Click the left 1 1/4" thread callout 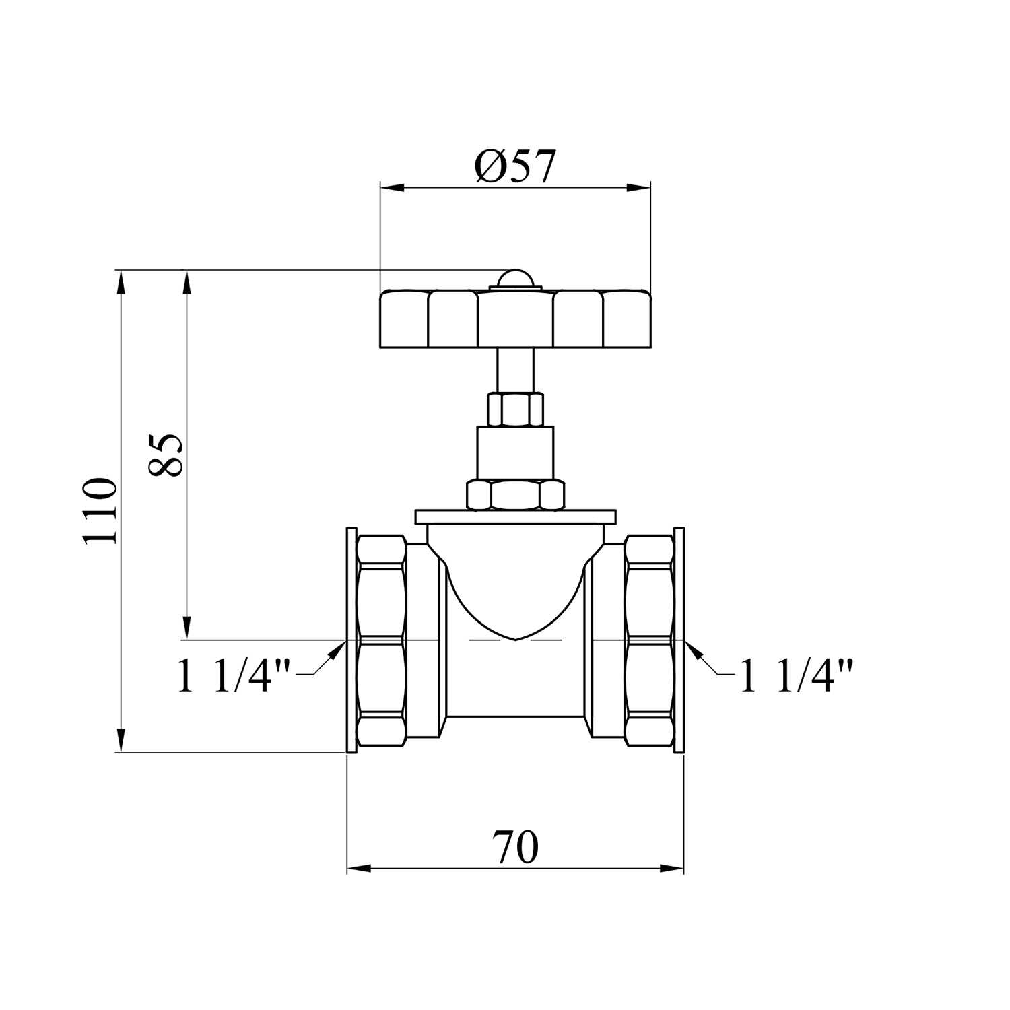click(234, 675)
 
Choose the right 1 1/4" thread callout click(796, 675)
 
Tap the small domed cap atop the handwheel click(515, 279)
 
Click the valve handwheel click(515, 319)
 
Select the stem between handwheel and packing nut click(515, 370)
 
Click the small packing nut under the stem click(515, 409)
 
